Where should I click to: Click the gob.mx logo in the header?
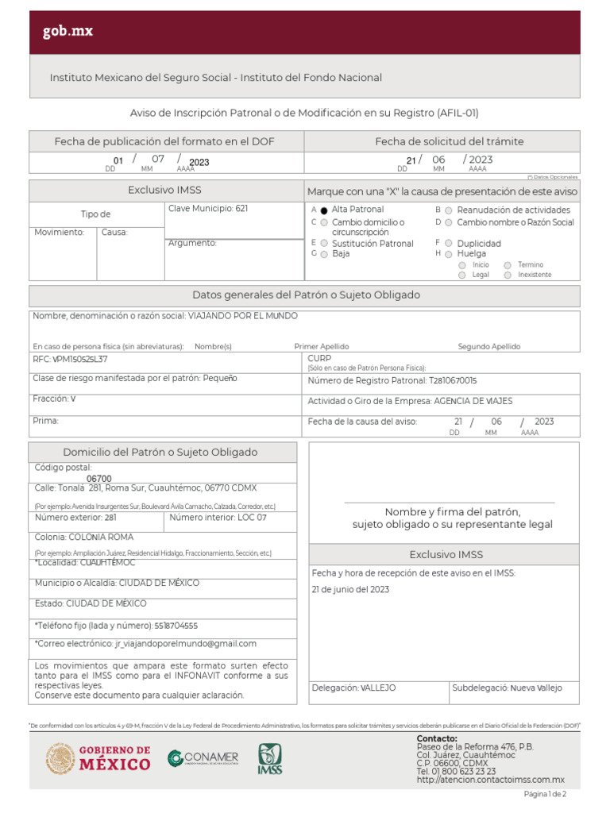coord(68,33)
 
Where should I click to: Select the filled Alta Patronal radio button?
coord(324,210)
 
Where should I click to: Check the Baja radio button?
coord(324,254)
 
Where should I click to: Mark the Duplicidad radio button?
coord(449,244)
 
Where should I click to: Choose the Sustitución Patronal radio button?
coord(324,244)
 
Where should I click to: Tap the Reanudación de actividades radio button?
coord(449,210)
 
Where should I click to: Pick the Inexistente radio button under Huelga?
coord(507,275)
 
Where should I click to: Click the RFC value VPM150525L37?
coord(80,360)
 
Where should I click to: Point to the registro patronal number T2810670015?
coord(453,380)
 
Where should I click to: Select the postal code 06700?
coord(98,479)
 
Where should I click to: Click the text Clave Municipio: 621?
coord(208,208)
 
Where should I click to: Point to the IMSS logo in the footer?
coord(269,759)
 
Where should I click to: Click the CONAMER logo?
coord(203,758)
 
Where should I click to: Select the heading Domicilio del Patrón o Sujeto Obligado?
coord(160,453)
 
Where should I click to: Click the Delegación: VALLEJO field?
coord(354,688)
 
